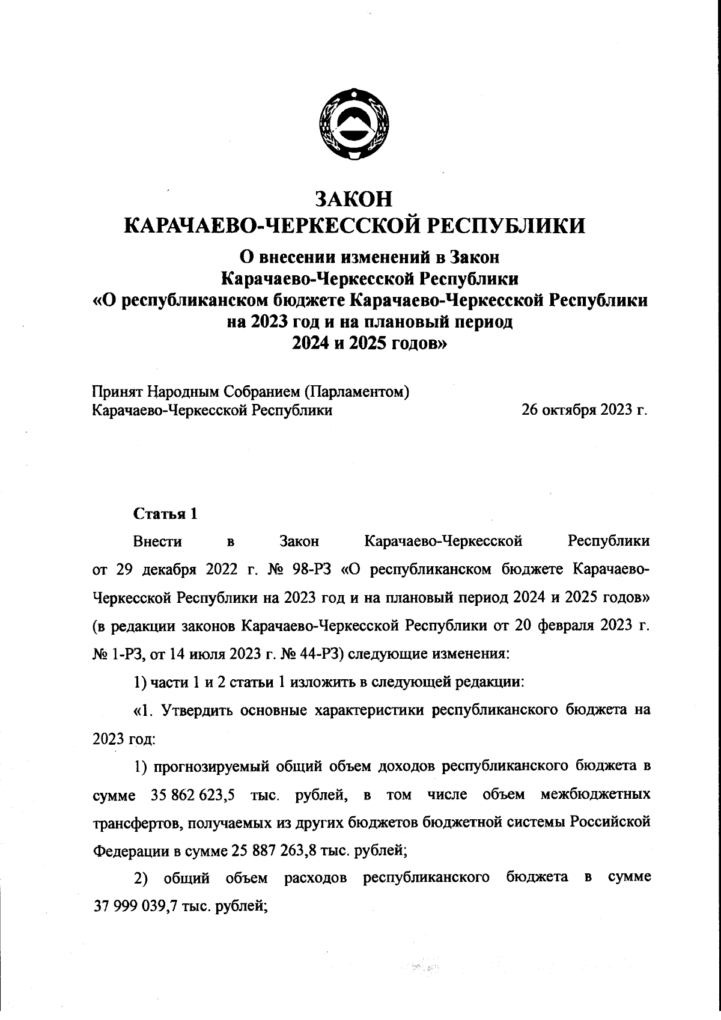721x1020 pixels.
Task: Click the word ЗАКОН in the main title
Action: point(354,199)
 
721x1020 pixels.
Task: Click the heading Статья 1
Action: point(165,514)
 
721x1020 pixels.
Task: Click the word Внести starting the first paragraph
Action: point(157,541)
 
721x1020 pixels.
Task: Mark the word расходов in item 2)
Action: point(315,878)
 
